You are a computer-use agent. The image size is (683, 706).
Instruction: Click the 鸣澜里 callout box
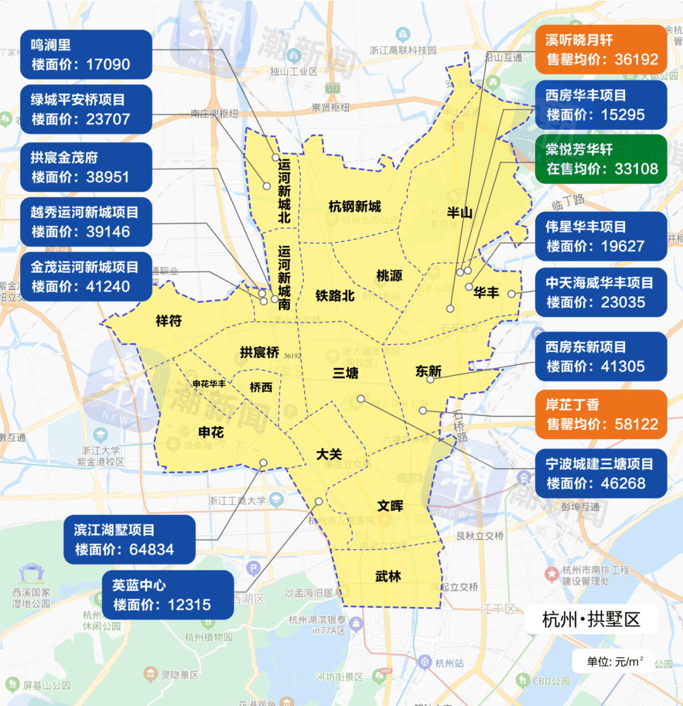click(86, 54)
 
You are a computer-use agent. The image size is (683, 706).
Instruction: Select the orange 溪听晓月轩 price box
click(601, 50)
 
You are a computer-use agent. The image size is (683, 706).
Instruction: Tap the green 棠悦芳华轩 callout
click(601, 159)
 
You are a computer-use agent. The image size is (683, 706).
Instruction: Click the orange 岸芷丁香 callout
click(601, 414)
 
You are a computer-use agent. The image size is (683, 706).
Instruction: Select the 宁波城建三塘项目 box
click(601, 473)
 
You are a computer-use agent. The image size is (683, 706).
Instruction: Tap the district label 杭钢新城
click(355, 206)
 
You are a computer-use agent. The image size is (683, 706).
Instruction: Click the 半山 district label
click(459, 213)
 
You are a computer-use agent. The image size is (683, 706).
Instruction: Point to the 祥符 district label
click(168, 321)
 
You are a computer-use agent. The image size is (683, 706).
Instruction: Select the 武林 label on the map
click(388, 577)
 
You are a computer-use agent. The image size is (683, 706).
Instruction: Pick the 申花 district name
click(211, 432)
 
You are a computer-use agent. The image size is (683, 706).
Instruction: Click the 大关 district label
click(329, 454)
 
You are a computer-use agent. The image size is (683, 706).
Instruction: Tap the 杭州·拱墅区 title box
click(591, 619)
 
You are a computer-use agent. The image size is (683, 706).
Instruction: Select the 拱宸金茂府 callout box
click(86, 167)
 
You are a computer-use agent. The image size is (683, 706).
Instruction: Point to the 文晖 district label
click(390, 506)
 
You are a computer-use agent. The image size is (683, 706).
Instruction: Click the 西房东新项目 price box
click(601, 356)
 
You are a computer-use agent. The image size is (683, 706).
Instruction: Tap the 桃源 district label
click(389, 276)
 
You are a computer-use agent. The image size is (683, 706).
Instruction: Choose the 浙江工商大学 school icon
click(276, 500)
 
